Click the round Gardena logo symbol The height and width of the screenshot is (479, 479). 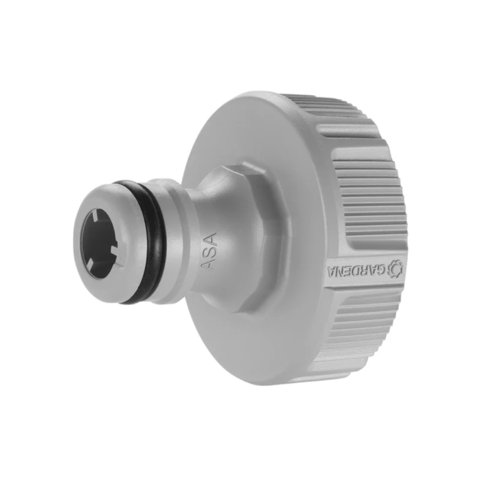pyautogui.click(x=395, y=268)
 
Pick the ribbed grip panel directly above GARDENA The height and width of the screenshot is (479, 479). pyautogui.click(x=370, y=205)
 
